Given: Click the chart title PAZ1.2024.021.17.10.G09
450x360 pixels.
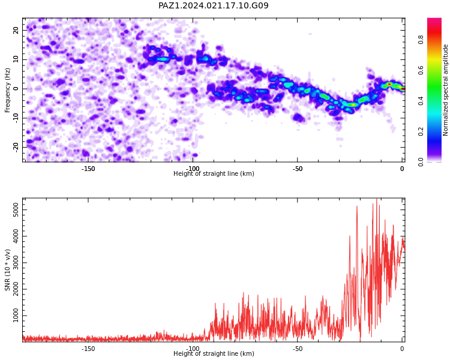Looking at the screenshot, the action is [x=214, y=5].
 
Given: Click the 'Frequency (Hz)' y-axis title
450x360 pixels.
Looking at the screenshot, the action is [x=7, y=90].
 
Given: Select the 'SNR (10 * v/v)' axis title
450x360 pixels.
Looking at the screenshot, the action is [x=7, y=270].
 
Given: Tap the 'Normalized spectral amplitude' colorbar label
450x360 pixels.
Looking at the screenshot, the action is [x=445, y=90].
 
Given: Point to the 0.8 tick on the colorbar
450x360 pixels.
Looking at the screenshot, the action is [x=421, y=40].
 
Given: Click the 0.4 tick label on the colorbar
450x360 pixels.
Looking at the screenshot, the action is [x=421, y=101].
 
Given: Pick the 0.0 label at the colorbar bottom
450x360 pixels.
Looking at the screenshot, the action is [x=421, y=162].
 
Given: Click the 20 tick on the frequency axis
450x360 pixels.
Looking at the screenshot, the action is [x=16, y=30].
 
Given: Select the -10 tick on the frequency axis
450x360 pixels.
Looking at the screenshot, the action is [x=16, y=118].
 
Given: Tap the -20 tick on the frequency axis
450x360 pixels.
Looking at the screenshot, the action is [x=16, y=148].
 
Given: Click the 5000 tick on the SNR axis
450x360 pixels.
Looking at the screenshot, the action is [x=16, y=210].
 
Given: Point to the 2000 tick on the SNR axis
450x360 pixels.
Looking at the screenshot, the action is [x=16, y=289].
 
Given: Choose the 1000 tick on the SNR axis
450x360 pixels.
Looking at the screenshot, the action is [x=16, y=316].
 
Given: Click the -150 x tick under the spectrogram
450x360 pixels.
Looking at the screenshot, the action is [x=88, y=169].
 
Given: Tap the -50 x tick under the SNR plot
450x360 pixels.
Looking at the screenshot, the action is [x=298, y=349].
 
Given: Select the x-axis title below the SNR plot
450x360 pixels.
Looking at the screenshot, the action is [x=214, y=353].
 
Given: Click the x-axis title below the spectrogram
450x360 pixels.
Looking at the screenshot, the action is [x=214, y=173].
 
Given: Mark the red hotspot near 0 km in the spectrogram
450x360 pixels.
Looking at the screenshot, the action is [x=389, y=84].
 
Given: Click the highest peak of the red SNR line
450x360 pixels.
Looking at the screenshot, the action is [x=377, y=199].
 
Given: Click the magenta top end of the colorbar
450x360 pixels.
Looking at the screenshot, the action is [x=434, y=20].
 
